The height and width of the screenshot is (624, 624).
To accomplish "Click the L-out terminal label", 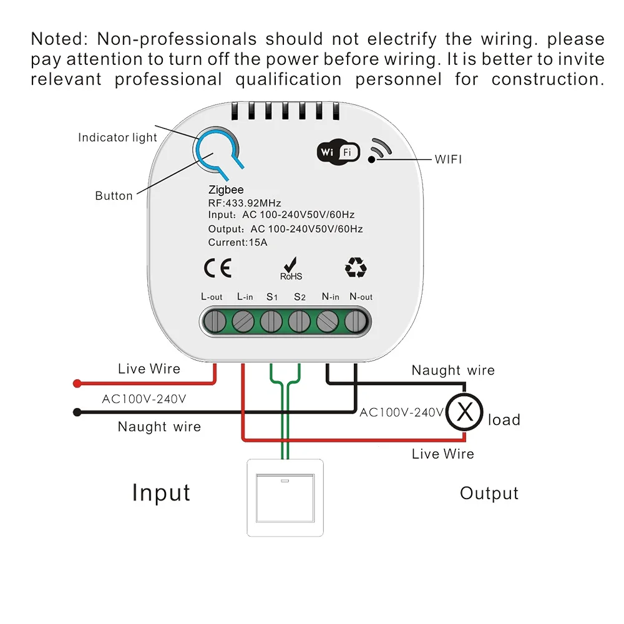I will point(212,297).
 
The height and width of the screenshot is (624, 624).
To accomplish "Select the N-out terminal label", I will point(361,297).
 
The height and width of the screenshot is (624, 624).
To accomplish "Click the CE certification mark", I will point(218,268).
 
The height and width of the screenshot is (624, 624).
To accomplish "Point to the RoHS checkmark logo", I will point(291,268).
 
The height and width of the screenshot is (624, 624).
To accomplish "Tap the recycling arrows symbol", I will point(356,268).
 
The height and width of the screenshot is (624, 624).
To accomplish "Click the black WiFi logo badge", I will point(338,152).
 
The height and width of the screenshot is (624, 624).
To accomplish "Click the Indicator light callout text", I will point(117,137).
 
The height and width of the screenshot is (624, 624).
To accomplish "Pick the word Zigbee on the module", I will point(226,190).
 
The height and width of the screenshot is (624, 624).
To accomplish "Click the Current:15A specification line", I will point(238,242).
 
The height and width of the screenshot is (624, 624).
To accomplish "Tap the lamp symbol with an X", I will point(464,412).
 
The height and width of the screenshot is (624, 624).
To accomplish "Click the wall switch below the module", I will point(286,497).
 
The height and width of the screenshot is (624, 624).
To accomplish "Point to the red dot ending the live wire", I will point(77,383).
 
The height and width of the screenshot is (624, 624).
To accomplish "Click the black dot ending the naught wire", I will point(77,412).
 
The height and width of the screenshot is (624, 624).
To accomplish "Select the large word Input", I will point(161,493).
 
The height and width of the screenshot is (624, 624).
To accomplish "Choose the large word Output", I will point(489,494).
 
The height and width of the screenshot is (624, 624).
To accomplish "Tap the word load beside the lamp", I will point(504,419).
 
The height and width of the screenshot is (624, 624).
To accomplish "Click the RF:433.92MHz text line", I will point(245,203).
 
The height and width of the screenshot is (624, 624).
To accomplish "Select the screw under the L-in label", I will point(242,322).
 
